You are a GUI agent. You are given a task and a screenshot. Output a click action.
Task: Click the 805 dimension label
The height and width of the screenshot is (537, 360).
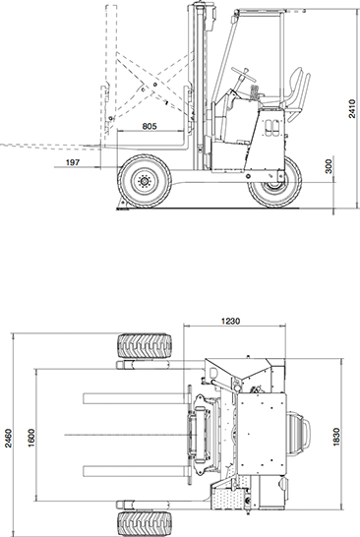150,126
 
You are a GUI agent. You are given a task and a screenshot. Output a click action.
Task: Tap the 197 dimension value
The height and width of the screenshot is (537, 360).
72,162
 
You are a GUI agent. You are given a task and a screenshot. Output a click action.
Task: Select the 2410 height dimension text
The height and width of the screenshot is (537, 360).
352,108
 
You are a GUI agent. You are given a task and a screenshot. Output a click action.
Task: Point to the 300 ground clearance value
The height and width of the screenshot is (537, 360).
329,166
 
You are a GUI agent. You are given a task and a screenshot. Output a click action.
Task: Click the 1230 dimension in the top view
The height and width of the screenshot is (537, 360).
230,321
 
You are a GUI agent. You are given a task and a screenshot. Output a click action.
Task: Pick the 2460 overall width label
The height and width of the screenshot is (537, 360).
8,438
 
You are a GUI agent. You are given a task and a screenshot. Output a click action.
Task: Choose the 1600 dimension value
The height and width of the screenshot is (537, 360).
30,438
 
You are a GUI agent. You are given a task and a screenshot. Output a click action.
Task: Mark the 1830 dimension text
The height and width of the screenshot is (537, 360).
336,437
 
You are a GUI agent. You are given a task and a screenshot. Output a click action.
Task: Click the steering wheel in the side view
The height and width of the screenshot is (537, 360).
244,72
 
